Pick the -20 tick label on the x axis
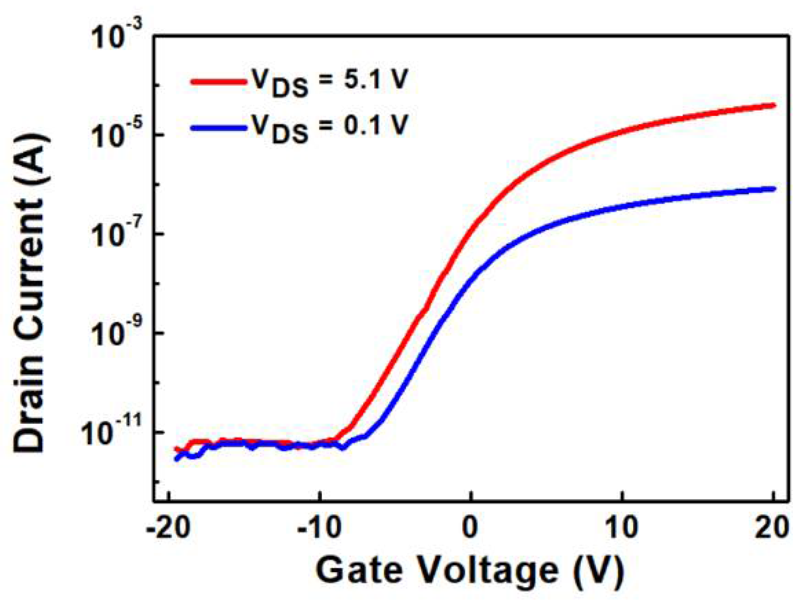point(168,528)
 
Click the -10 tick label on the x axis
point(319,528)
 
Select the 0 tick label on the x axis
point(471,528)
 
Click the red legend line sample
point(218,81)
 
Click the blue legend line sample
point(218,127)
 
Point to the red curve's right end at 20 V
point(773,105)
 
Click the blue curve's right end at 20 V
point(773,189)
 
